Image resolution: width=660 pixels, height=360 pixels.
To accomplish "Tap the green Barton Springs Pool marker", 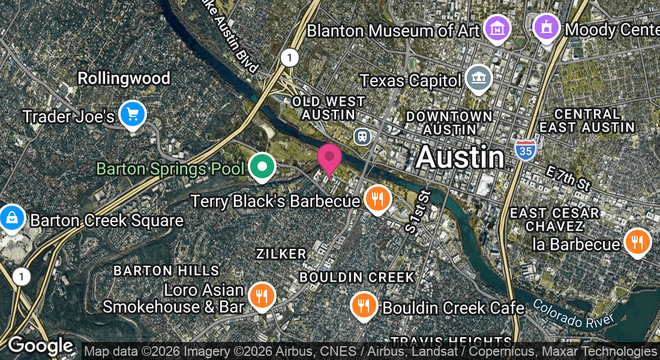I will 262,166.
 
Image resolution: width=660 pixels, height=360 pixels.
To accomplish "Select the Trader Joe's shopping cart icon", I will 133,114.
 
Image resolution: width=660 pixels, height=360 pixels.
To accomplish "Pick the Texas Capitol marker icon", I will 479,79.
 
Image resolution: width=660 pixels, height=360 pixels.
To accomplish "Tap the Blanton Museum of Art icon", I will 497,29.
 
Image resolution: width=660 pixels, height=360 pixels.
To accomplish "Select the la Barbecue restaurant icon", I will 637,242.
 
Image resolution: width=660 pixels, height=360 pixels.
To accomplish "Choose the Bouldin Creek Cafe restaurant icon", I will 364,306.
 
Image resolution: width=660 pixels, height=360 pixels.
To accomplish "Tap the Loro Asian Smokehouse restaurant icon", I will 262,296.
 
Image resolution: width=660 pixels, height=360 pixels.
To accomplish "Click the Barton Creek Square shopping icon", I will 12,218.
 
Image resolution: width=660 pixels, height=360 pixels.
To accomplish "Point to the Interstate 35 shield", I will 524,150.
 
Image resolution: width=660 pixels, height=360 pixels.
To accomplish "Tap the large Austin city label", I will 460,157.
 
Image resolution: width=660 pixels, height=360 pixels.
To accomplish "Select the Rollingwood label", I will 124,78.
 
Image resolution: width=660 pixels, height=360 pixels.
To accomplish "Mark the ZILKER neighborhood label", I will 281,254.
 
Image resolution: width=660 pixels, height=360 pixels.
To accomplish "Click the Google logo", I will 40,346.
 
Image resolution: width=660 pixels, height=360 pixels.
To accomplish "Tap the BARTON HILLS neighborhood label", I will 166,271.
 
